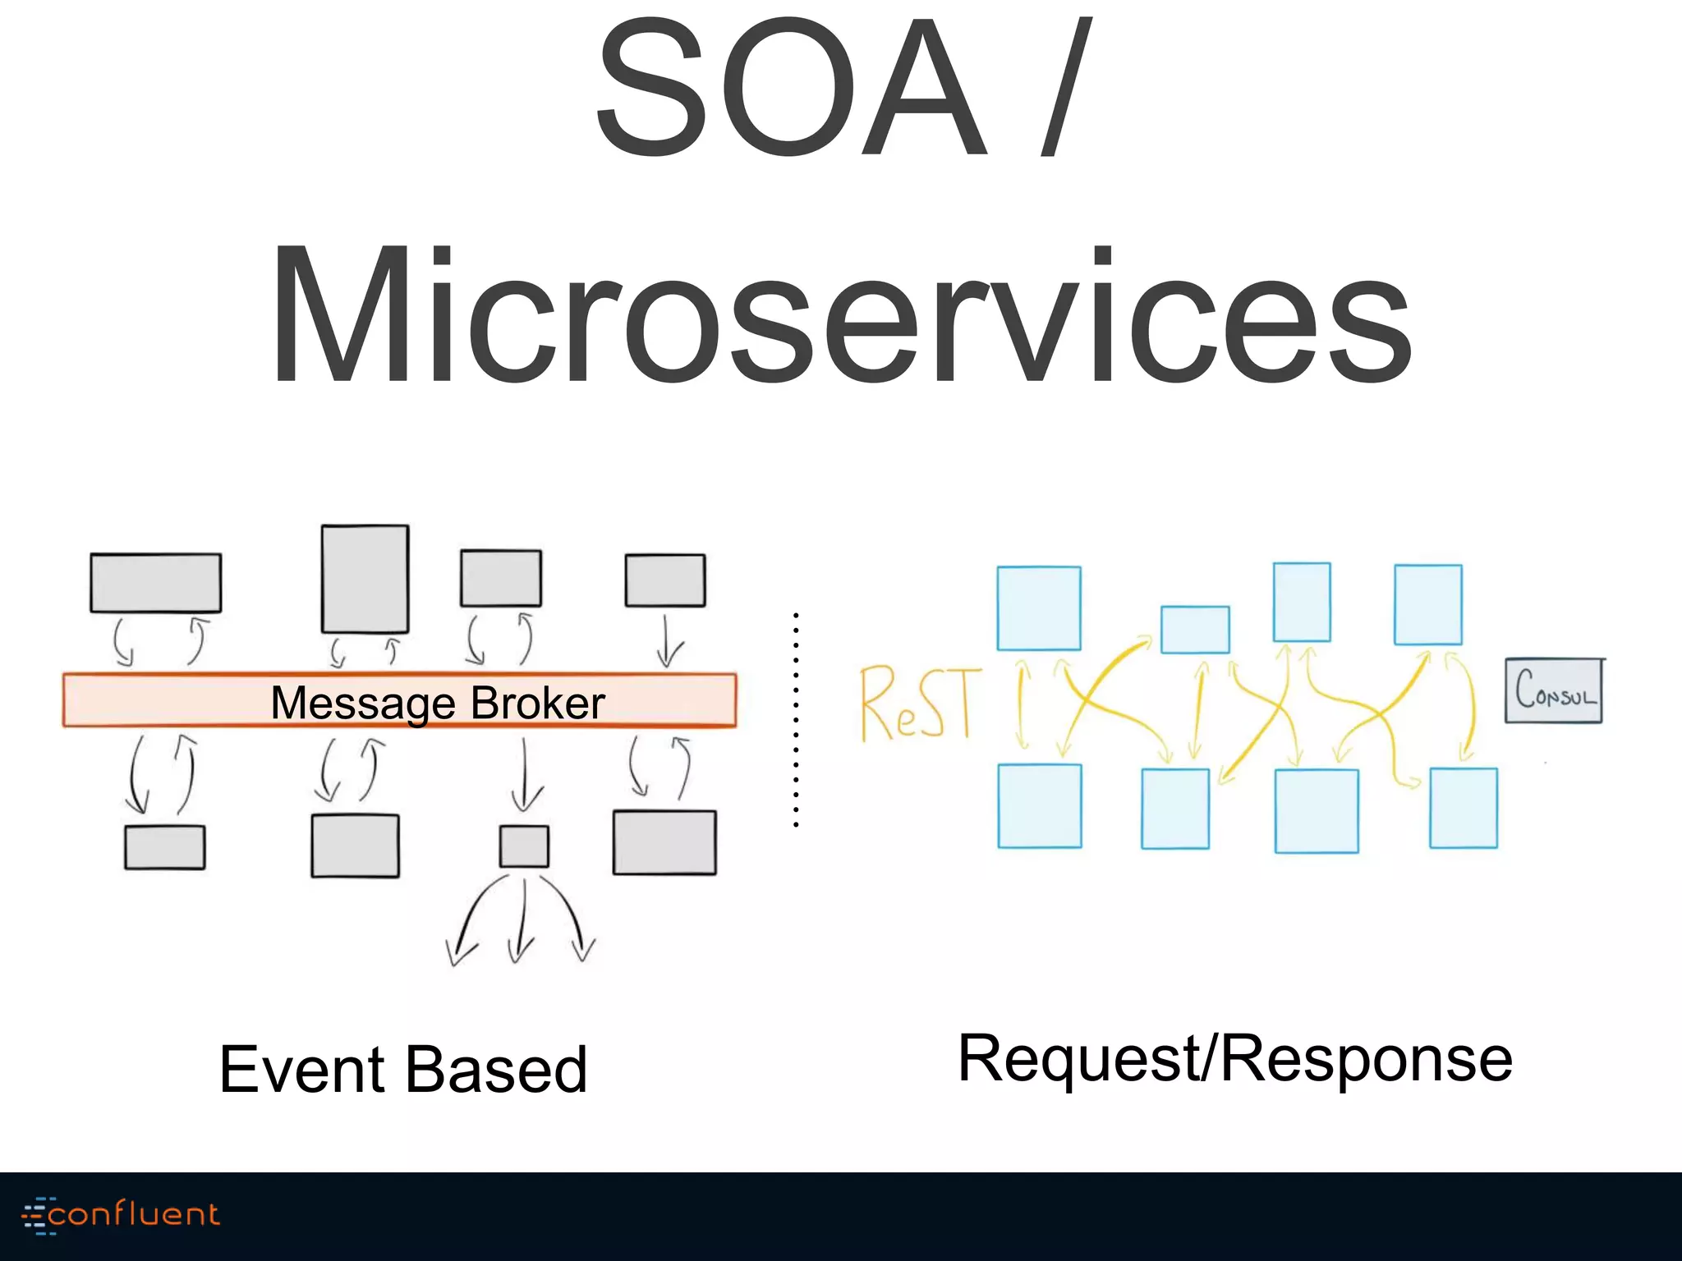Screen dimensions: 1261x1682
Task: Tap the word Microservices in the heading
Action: [841, 316]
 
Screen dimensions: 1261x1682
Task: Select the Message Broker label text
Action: [437, 703]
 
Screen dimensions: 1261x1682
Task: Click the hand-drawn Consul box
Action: [1553, 691]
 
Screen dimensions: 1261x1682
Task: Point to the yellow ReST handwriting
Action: [918, 703]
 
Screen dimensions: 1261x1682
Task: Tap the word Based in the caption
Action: [496, 1070]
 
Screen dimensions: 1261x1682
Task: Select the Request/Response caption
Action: [1234, 1059]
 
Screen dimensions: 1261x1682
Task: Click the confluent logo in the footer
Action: [122, 1215]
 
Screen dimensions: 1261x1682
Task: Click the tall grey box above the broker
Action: [365, 579]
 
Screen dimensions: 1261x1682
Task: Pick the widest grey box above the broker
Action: [155, 583]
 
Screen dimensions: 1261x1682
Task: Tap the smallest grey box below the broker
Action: [524, 846]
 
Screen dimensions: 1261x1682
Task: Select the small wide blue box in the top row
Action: [1195, 630]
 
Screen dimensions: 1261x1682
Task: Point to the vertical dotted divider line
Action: [796, 718]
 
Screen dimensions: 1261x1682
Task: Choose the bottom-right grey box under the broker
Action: [664, 842]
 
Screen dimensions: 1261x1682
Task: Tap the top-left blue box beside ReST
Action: [1038, 608]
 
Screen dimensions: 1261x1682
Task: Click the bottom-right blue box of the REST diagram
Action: [1463, 808]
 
